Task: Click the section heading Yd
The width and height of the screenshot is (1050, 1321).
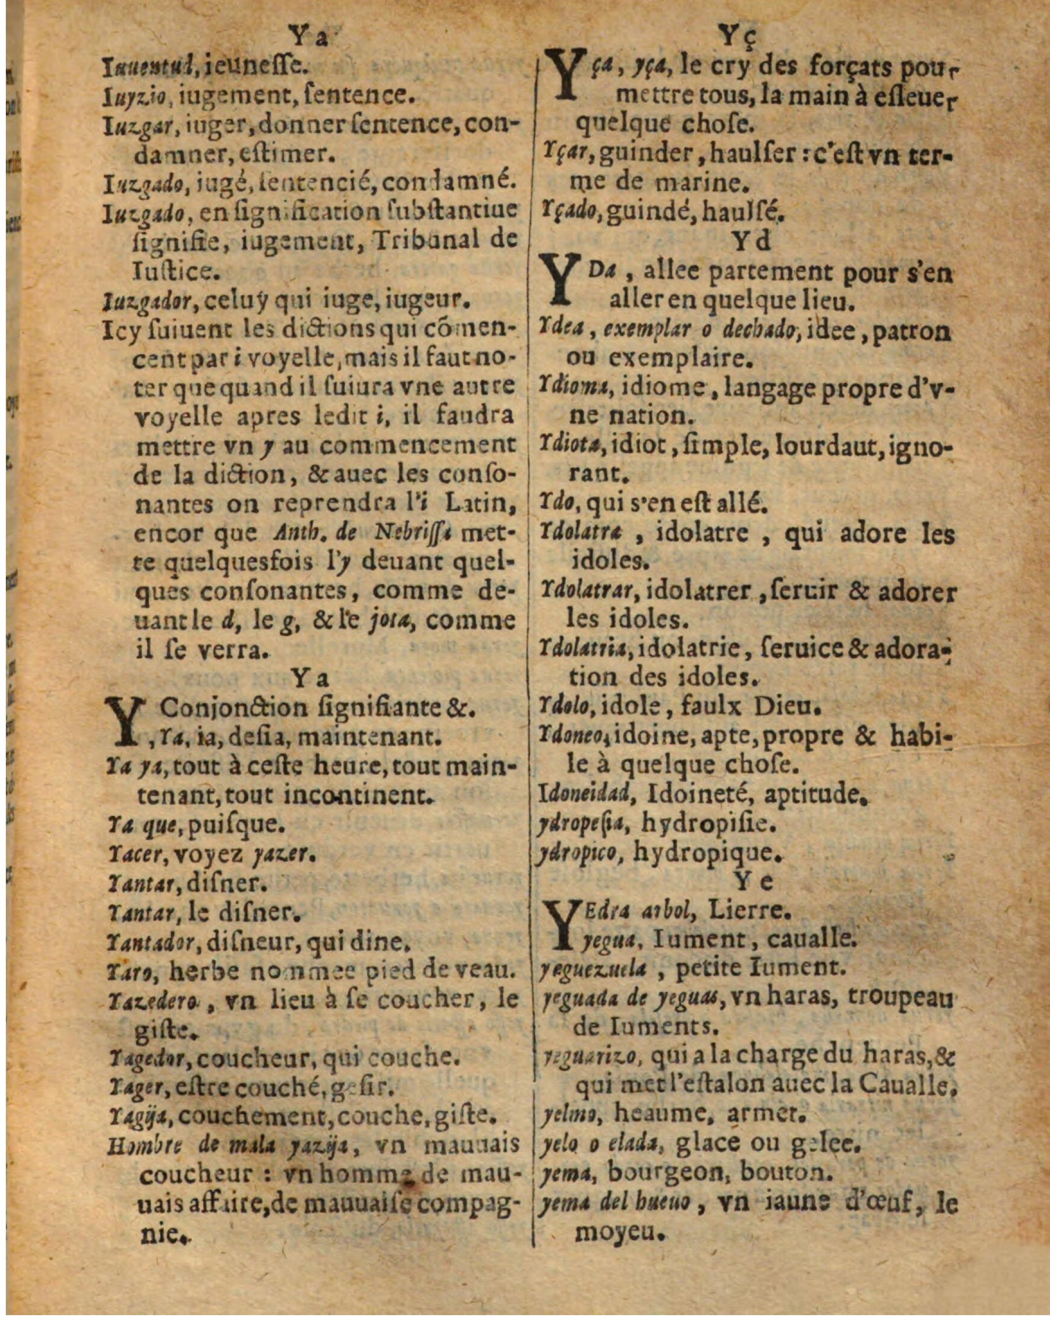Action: tap(752, 241)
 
